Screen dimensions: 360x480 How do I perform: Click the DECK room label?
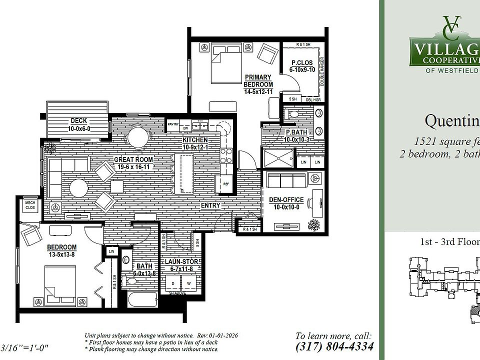point(79,120)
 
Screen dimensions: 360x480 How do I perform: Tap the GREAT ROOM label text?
point(133,159)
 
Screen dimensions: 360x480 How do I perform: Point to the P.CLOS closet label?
point(301,63)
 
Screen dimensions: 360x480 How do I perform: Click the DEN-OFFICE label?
point(286,199)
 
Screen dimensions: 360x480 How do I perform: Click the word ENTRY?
point(211,205)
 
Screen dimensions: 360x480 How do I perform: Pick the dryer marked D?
point(173,283)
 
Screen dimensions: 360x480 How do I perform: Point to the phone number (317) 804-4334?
point(334,346)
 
